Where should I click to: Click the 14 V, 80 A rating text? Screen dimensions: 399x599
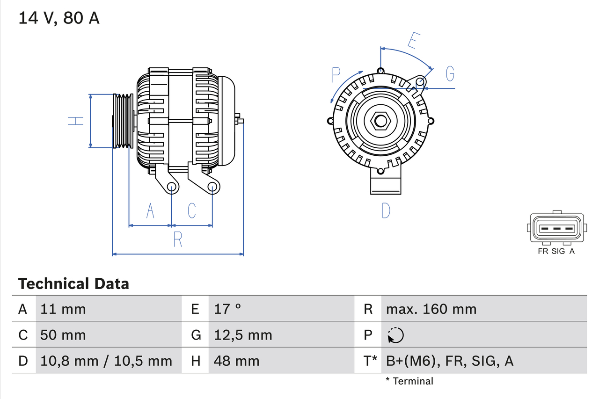coord(59,18)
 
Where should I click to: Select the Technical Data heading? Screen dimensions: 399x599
coord(73,283)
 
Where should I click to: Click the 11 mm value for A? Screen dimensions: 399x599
coord(63,309)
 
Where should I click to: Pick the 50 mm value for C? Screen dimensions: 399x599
coord(63,335)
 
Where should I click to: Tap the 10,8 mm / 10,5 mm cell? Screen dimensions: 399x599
coord(106,361)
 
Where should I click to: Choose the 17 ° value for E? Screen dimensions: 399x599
coord(228,309)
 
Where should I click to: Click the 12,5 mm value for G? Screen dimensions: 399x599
coord(243,335)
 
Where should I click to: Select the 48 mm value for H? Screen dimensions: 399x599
coord(236,361)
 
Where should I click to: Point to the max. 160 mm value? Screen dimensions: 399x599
coord(431,309)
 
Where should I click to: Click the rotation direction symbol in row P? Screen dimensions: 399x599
coord(395,335)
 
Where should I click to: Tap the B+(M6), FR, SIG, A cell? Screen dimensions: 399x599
coord(449,361)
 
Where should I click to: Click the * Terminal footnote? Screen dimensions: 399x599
coord(409,381)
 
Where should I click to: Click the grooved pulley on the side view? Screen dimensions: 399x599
coord(124,121)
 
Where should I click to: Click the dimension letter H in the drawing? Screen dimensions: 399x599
coord(76,121)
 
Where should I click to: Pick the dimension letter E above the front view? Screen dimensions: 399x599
coord(413,41)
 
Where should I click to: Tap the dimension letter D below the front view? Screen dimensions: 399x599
coord(386,211)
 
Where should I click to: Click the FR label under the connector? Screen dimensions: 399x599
coord(543,251)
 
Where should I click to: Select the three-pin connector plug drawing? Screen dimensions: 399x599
coord(556,228)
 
